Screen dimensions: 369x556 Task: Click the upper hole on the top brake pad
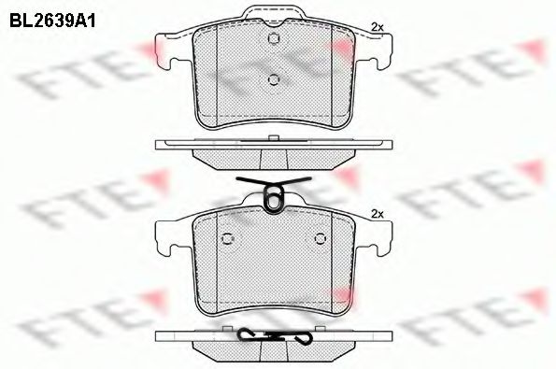[x=274, y=39]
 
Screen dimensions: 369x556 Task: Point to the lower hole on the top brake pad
[x=274, y=79]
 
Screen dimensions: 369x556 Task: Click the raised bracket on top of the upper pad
[x=273, y=13]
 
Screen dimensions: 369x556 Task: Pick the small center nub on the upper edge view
[x=274, y=139]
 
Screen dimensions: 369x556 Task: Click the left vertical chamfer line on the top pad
[x=216, y=70]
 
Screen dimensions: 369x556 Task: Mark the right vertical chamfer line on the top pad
[x=331, y=70]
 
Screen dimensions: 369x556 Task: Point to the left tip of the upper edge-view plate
[x=157, y=145]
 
